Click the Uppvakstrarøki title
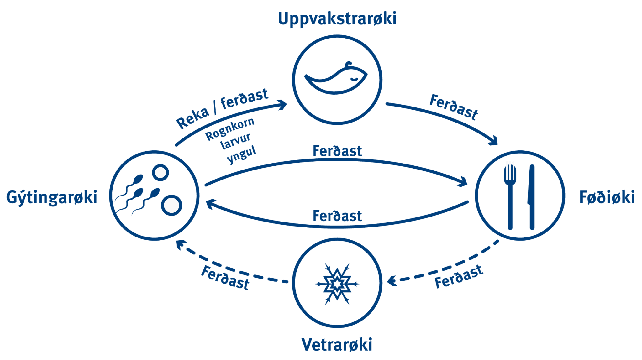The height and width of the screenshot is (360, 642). coord(337,19)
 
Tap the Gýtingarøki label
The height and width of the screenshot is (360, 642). coord(52,198)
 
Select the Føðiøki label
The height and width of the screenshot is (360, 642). coord(607,197)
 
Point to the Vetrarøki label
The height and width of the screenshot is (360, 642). coord(337,345)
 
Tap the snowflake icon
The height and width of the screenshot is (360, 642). coord(337,284)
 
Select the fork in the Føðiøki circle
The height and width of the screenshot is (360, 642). coord(510,194)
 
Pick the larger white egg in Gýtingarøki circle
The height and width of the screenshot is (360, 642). coord(171,206)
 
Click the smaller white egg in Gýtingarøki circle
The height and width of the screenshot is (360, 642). coord(160,172)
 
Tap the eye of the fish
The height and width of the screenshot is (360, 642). coord(354,79)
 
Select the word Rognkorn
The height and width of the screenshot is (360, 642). coord(230,129)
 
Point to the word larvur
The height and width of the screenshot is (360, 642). coord(235,141)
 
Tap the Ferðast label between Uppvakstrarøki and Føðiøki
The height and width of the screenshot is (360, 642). coord(454,107)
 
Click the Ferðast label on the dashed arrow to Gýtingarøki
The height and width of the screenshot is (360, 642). coord(225,278)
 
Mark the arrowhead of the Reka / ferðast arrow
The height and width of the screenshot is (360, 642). coord(283,104)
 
